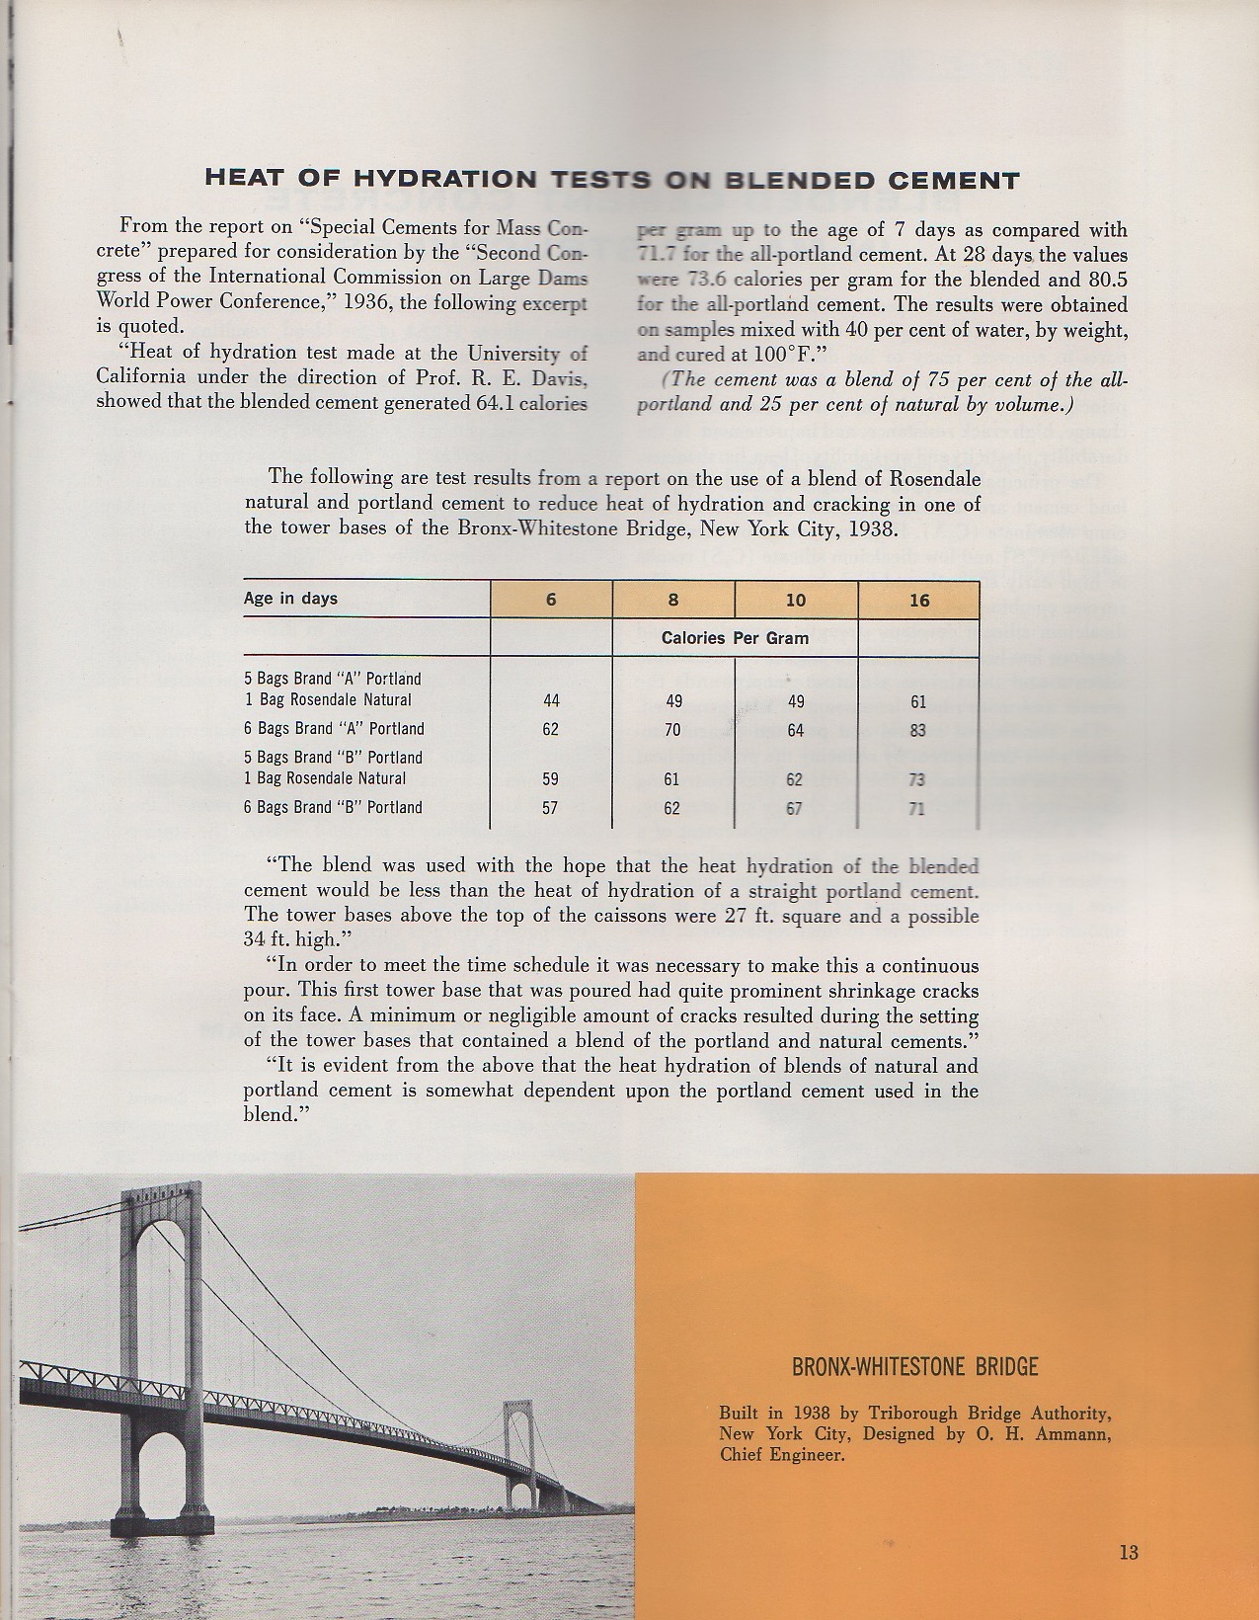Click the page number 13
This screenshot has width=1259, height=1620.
tap(1129, 1552)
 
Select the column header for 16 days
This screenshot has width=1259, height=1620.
tap(919, 600)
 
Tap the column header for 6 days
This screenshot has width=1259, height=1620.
tap(551, 600)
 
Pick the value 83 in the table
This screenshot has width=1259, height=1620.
tap(918, 730)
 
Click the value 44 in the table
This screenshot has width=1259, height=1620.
tap(551, 700)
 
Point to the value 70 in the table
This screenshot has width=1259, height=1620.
tap(672, 730)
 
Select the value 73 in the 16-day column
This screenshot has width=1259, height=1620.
tap(917, 779)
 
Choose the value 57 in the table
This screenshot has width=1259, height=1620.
tap(550, 808)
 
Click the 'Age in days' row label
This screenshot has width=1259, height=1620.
tap(290, 599)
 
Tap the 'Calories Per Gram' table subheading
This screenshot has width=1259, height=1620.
tap(735, 638)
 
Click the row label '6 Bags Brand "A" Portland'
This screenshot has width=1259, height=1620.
tap(334, 729)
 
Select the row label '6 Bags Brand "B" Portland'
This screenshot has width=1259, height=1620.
tap(333, 807)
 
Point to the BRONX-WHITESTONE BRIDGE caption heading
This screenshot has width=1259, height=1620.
tap(914, 1368)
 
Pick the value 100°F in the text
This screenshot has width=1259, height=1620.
tap(784, 354)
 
